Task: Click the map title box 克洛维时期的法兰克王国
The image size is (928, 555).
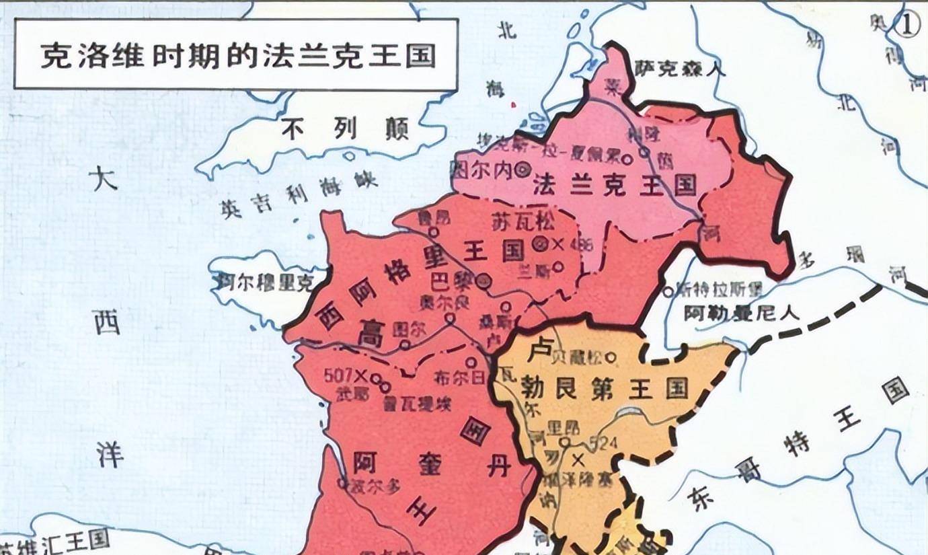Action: click(x=236, y=54)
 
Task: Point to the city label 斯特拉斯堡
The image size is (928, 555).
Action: click(x=719, y=291)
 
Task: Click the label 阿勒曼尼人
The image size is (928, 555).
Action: click(x=740, y=313)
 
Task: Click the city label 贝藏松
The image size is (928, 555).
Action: click(x=580, y=356)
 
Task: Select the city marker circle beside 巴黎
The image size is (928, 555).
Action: click(x=483, y=281)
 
